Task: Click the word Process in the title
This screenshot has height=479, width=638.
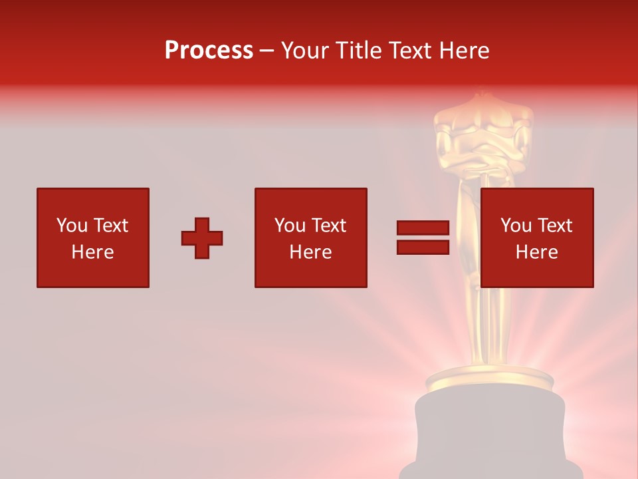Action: tap(209, 51)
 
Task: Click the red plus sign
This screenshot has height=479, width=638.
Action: tap(202, 238)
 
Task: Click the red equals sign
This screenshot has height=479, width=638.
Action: tap(423, 238)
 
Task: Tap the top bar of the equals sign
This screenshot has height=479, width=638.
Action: tap(423, 228)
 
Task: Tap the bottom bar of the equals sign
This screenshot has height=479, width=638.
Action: tap(423, 247)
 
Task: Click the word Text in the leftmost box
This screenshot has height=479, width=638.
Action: tap(110, 226)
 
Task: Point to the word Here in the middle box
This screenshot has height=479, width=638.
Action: tap(310, 252)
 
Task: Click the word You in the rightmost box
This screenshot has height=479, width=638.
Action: tap(516, 226)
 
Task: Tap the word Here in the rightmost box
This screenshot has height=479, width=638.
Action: tap(536, 252)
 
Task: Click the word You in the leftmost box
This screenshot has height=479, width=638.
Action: tap(71, 226)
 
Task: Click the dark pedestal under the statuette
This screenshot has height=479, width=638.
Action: tap(490, 432)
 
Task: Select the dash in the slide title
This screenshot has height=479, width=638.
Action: tap(267, 51)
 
